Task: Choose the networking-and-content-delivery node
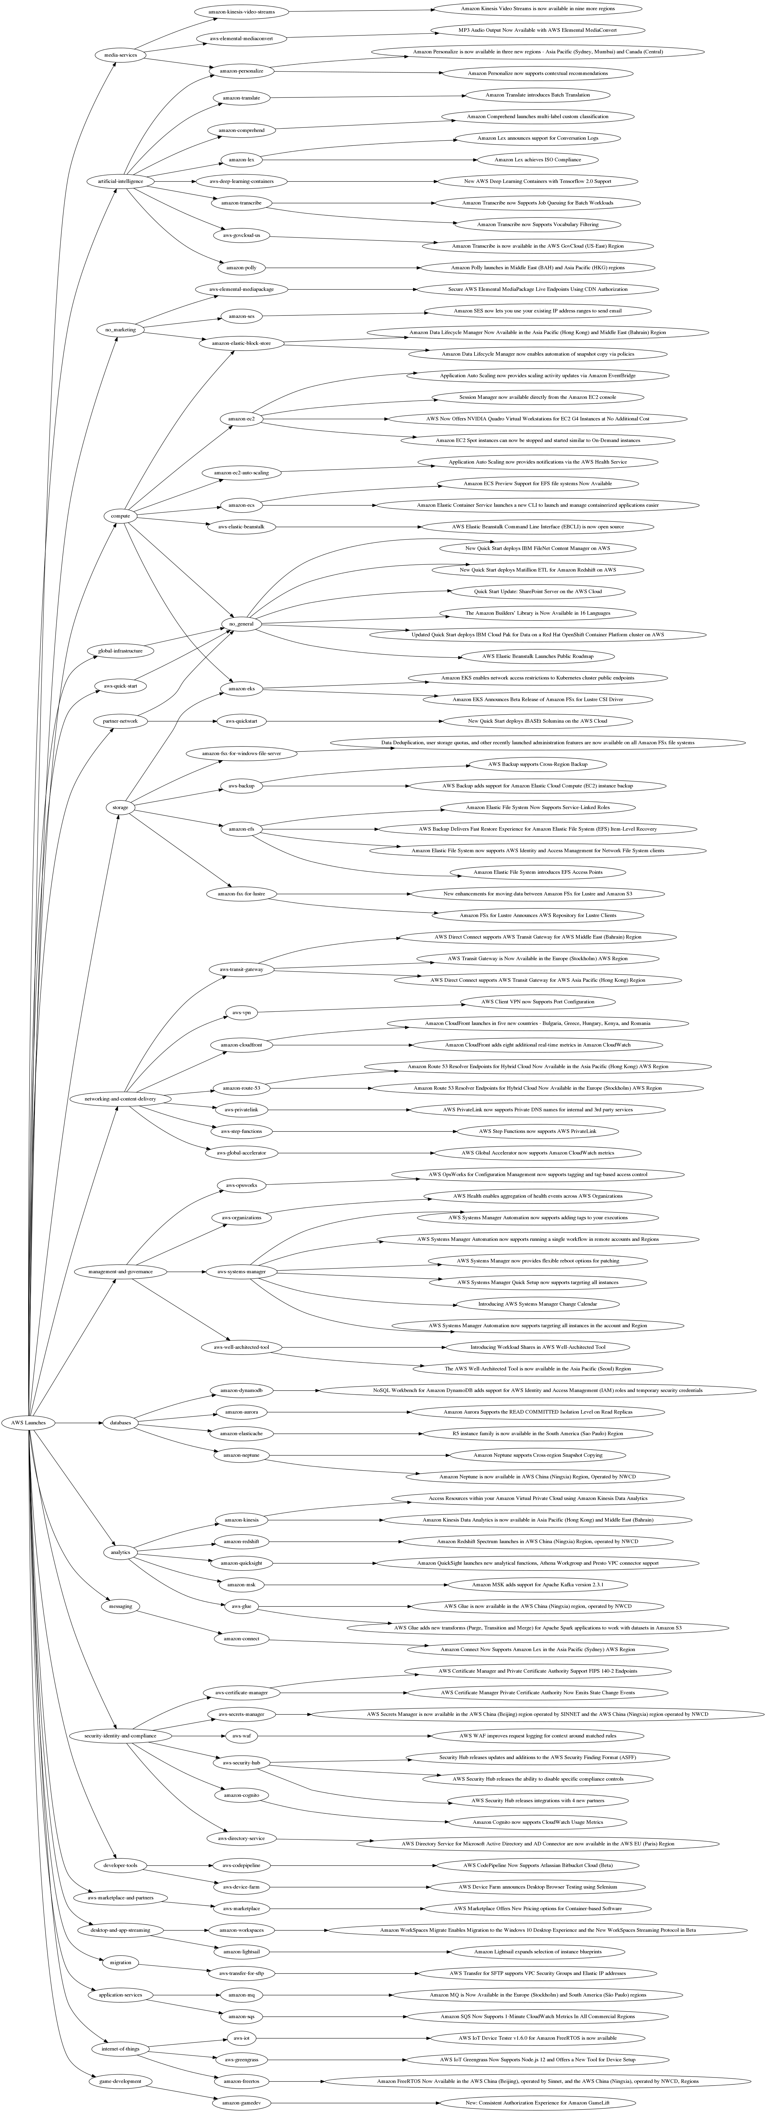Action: [120, 1099]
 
